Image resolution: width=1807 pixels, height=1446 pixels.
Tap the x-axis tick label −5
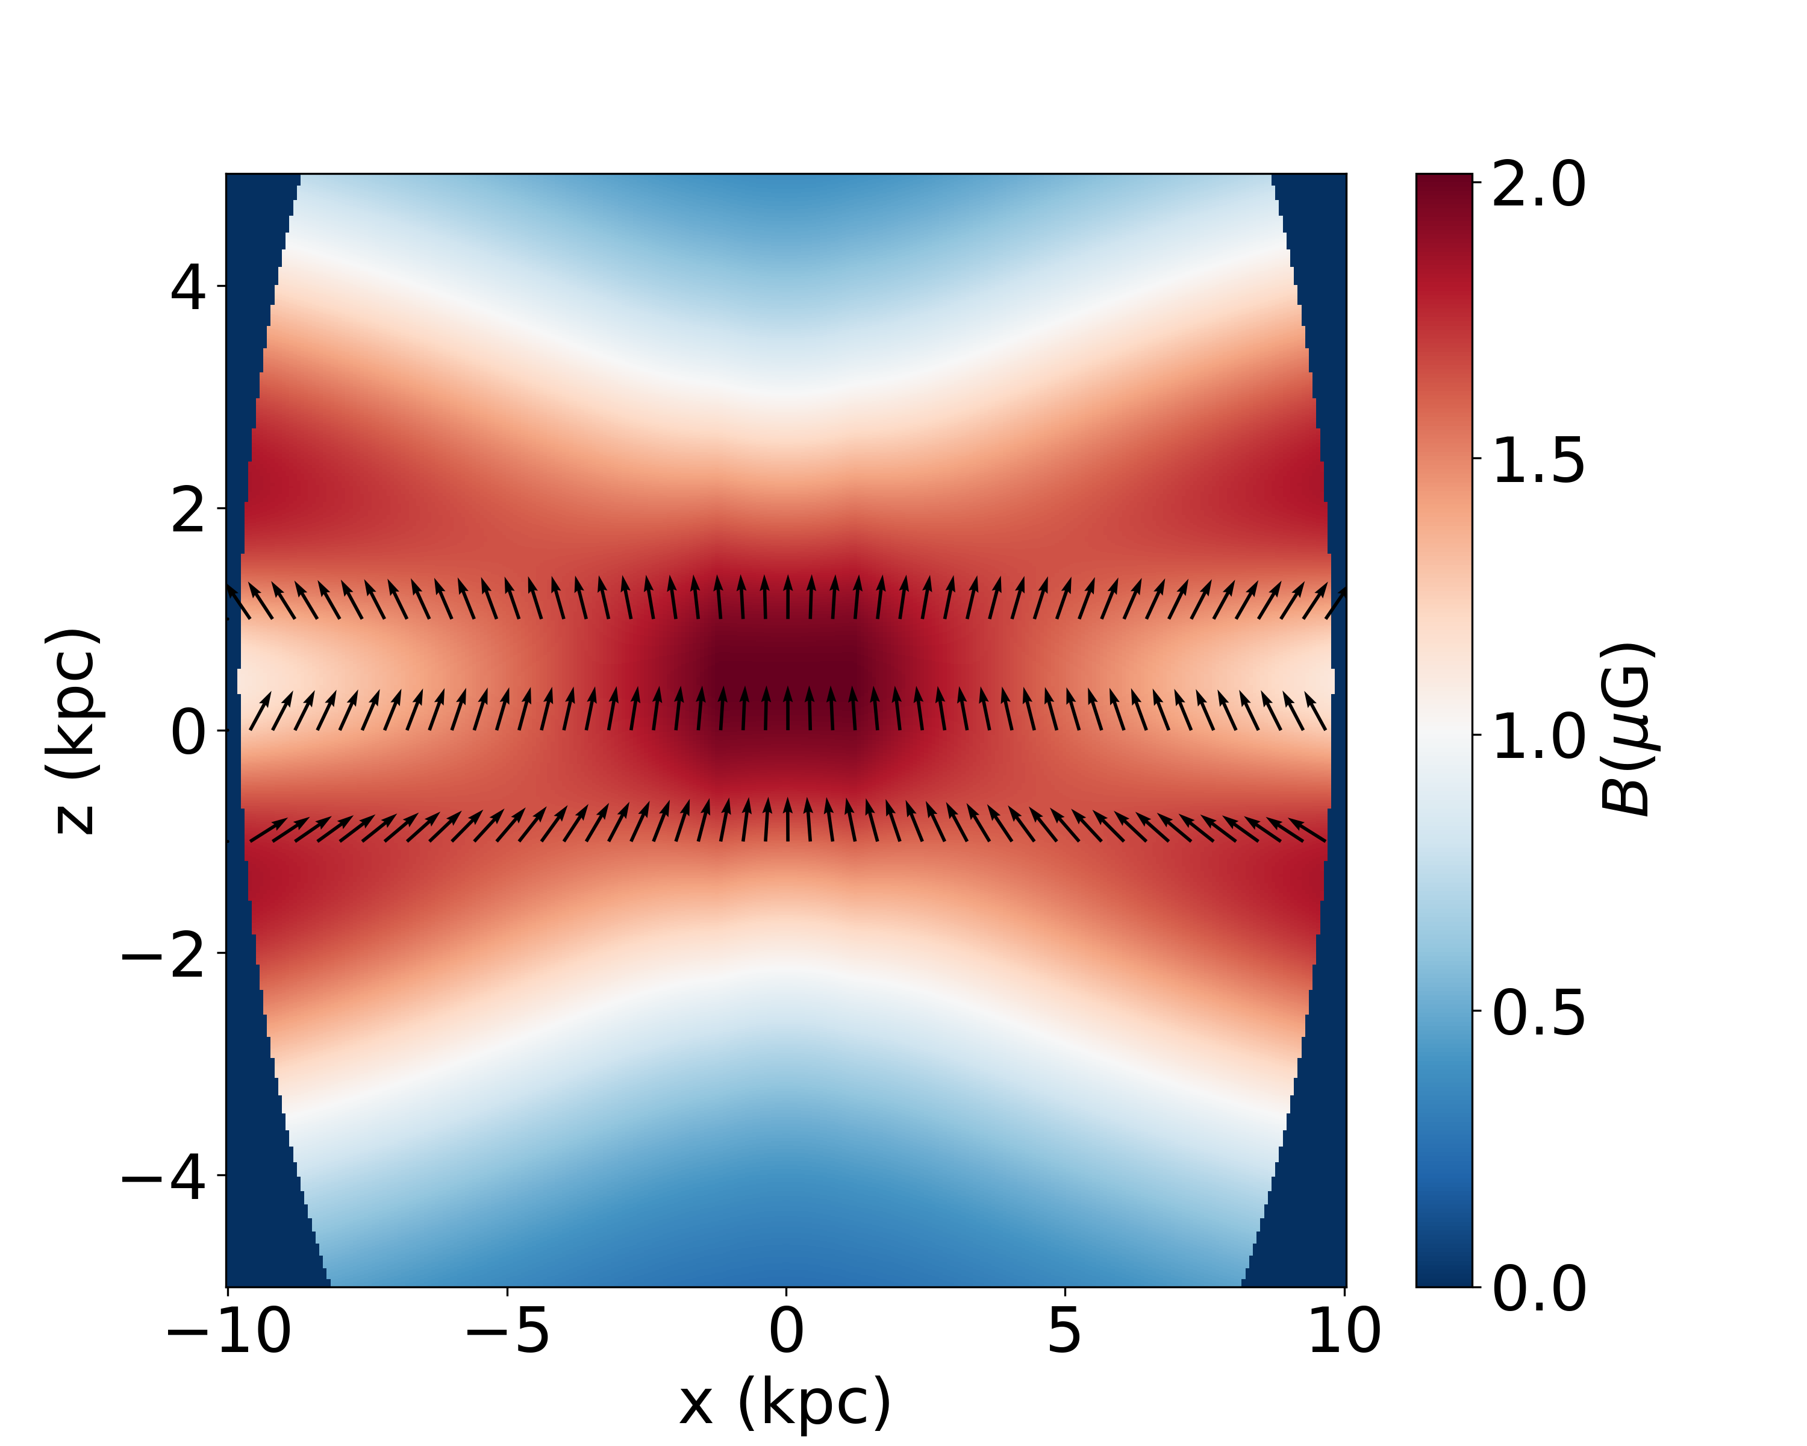507,1331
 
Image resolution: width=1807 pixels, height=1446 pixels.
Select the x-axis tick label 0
786,1331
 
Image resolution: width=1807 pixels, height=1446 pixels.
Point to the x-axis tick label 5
1064,1331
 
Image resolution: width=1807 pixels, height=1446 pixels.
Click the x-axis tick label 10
1344,1331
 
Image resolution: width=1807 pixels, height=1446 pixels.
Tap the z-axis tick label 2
188,510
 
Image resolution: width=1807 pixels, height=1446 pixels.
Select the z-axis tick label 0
188,732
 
